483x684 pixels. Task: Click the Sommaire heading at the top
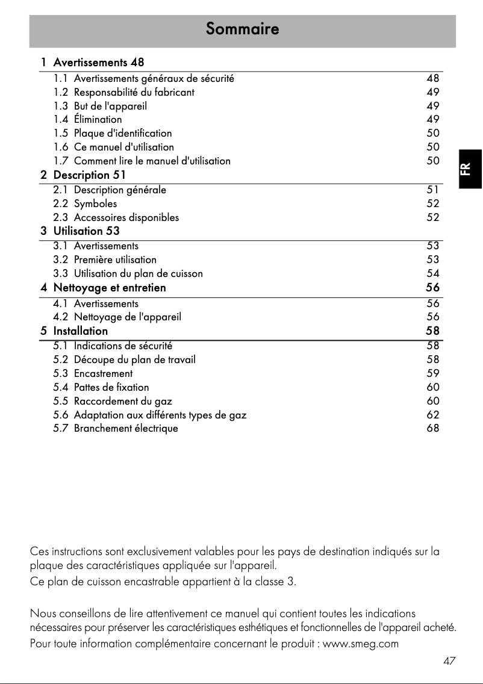pos(242,29)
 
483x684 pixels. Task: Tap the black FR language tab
pos(470,169)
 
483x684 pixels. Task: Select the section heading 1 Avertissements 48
pos(93,62)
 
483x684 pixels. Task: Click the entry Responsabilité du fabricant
pos(134,92)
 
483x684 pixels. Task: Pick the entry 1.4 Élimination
pos(88,119)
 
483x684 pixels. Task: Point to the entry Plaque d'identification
pos(123,133)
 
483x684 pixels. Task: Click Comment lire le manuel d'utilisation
pos(152,161)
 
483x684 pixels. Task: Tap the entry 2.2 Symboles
pos(86,204)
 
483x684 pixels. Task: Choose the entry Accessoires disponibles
pos(126,217)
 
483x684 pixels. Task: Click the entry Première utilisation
pos(115,260)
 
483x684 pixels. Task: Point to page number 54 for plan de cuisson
pos(432,273)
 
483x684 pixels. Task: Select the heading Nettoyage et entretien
pos(109,288)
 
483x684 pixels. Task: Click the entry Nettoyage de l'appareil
pos(127,317)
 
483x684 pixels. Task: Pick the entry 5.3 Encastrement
pos(93,373)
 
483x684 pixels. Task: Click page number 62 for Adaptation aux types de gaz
pos(432,415)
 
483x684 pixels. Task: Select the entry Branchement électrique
pos(126,429)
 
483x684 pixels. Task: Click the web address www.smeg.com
pos(361,644)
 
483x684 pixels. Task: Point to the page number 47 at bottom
pos(449,661)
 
